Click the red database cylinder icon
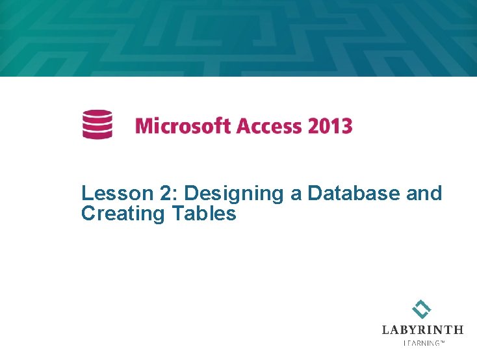(97, 124)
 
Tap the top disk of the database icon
(97, 114)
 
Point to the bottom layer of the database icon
(97, 135)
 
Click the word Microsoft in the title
(183, 125)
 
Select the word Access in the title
(268, 125)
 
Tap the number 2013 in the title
(329, 125)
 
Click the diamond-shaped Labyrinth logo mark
(422, 309)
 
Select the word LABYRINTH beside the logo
(422, 330)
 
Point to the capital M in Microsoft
(144, 125)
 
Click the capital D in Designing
(191, 193)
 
